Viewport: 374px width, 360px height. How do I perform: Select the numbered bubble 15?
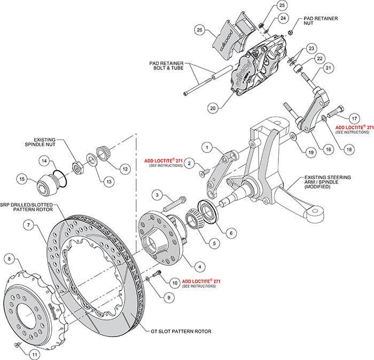(22, 179)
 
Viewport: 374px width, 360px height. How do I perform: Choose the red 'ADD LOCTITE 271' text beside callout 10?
(201, 281)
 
